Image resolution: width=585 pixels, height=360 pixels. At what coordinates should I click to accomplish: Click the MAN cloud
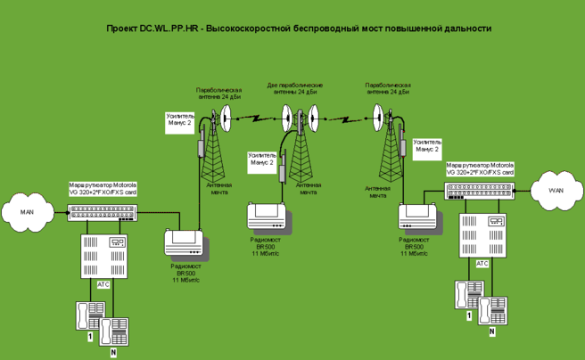[26, 212]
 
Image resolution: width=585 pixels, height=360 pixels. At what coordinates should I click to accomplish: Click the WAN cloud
[556, 189]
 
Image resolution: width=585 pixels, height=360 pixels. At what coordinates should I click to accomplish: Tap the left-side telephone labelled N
[113, 331]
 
